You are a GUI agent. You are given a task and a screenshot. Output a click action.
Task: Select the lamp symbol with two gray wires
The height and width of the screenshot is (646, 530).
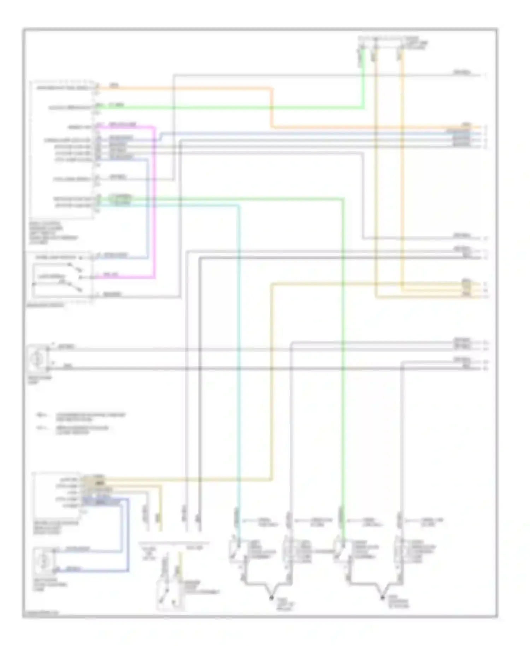coord(37,359)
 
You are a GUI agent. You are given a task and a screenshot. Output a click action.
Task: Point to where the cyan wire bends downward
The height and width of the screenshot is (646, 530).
coord(238,205)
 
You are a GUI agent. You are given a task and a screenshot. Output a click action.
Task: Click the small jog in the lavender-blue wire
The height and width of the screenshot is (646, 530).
coord(161,137)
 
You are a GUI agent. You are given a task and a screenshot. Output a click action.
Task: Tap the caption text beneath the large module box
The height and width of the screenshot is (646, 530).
coord(53,233)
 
